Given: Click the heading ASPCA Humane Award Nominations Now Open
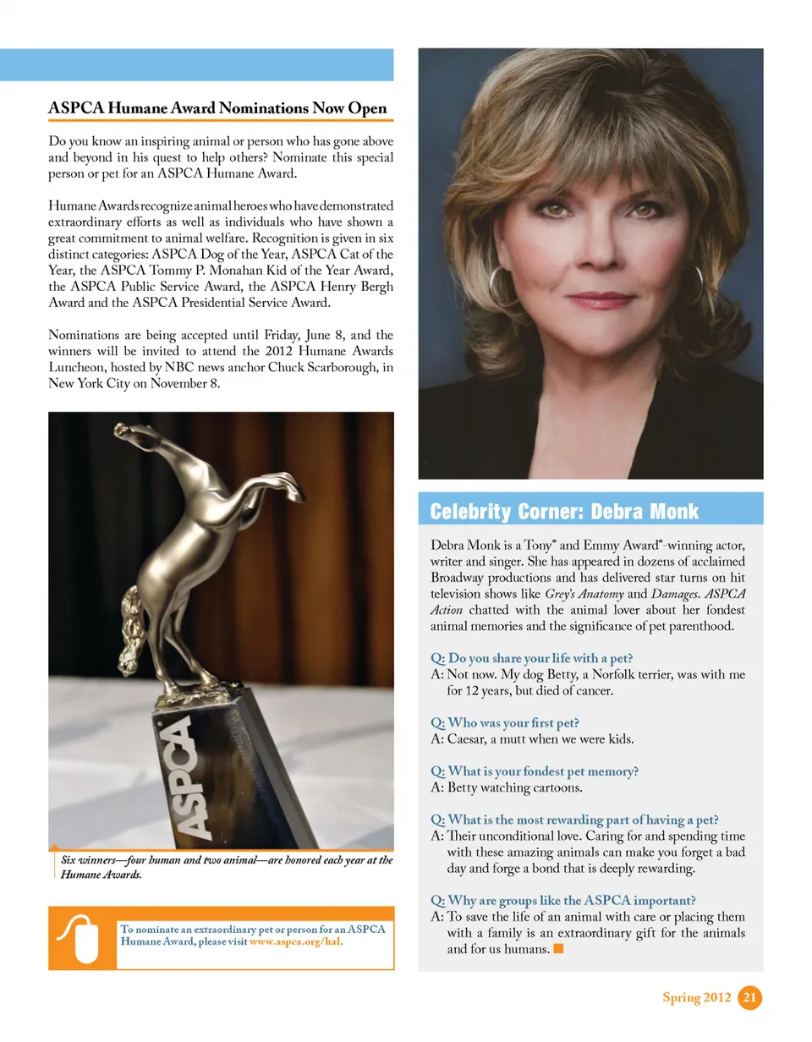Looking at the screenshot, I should coord(217,108).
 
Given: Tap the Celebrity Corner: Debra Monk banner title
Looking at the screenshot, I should coord(564,511).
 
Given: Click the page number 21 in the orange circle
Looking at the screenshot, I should coord(749,998).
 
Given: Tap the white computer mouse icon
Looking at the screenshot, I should coord(82,938).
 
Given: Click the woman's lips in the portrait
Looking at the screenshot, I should coord(602,300).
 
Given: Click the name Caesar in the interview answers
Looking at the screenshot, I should coord(468,738).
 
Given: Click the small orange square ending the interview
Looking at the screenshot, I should coord(558,949).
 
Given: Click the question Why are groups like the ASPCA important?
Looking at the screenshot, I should coord(569,899).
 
